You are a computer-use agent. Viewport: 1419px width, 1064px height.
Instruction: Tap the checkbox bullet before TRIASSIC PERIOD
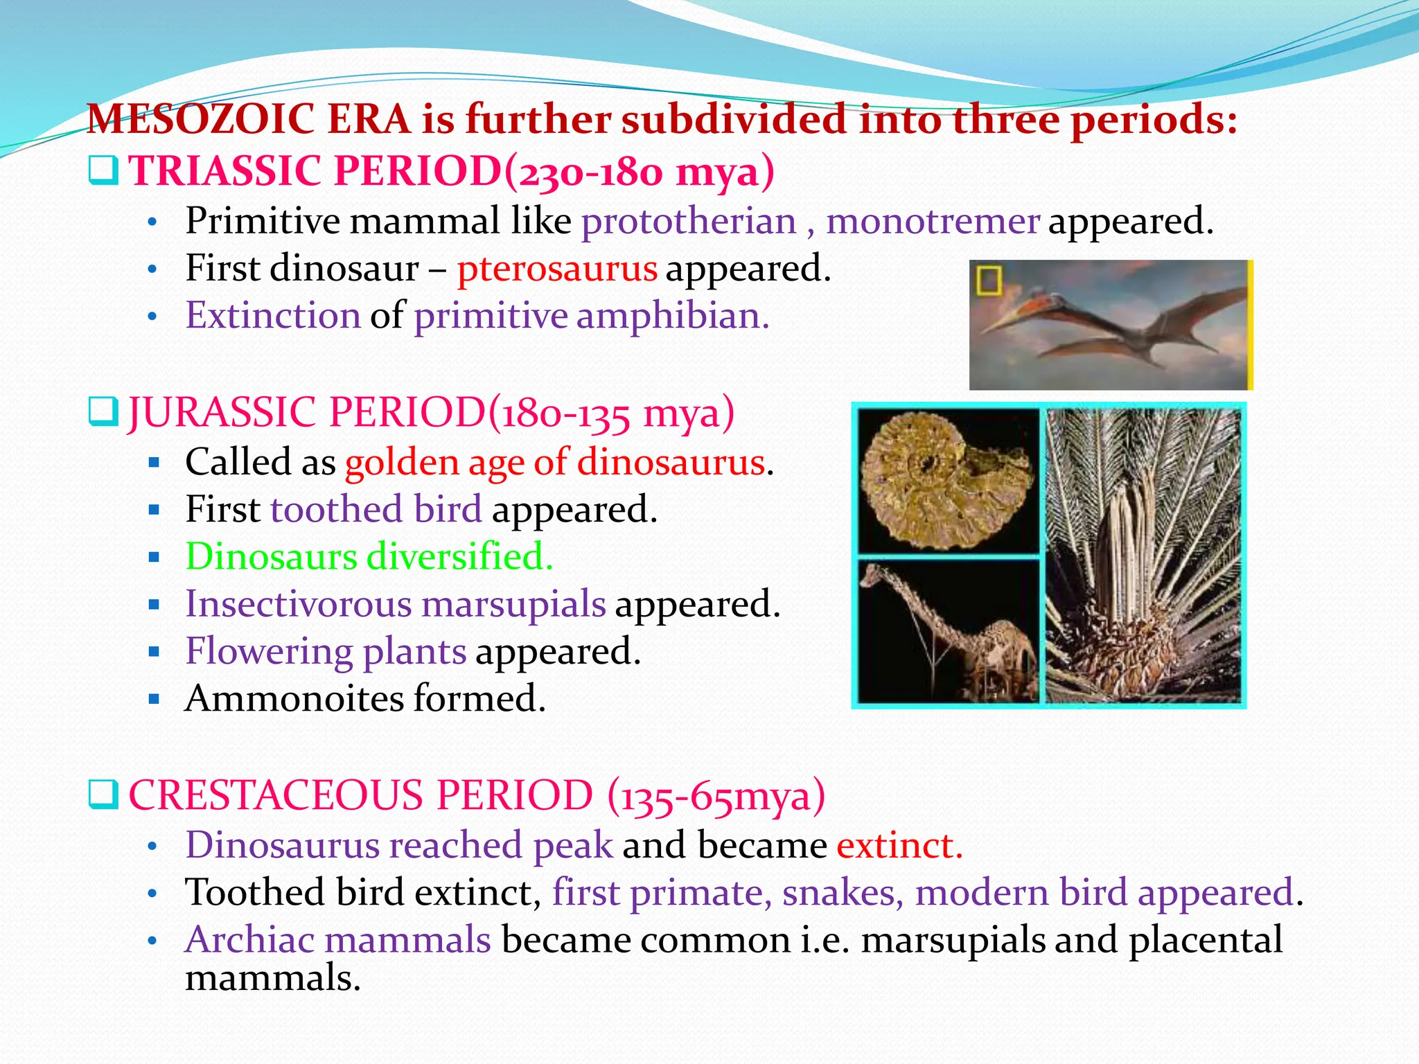tap(104, 170)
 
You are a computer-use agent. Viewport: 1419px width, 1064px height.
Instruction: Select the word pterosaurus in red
tap(556, 269)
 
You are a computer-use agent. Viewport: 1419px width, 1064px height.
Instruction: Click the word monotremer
tap(933, 222)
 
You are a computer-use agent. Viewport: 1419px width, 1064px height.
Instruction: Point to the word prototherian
tap(689, 222)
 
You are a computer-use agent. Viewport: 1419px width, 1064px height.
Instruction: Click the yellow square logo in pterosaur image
tap(989, 281)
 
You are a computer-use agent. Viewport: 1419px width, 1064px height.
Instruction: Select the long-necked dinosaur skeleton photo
tap(948, 632)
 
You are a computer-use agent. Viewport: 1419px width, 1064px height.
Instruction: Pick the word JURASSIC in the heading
tap(222, 413)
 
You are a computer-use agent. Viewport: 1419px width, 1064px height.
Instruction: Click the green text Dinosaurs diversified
tap(369, 557)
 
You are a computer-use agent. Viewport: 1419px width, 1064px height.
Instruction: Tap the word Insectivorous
tap(298, 604)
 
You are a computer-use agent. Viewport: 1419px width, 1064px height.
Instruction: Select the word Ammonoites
tap(294, 698)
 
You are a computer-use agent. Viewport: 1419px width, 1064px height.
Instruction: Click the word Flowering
tap(268, 652)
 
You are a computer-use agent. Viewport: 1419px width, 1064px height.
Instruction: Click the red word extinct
tap(899, 846)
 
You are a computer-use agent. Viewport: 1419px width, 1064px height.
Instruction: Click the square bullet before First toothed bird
tap(155, 511)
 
